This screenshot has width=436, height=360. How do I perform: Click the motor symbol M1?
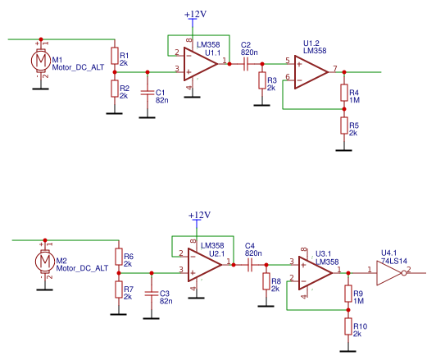coord(39,61)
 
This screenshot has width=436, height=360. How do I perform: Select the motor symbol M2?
coord(43,262)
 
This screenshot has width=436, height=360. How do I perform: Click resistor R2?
coord(114,87)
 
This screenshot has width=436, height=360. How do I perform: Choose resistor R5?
coord(343,125)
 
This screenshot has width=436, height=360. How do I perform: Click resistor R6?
coord(118,260)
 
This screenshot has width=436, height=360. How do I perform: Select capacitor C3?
coord(151,293)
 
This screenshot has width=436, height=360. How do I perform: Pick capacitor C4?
coord(250,264)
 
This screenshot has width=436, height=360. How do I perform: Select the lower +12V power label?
coord(199,216)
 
